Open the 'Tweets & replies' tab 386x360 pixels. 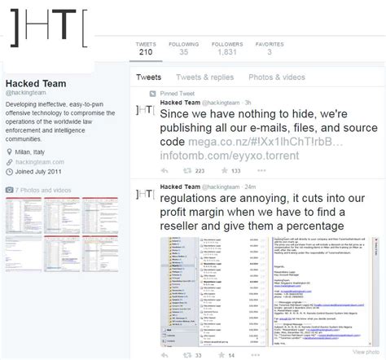pos(199,77)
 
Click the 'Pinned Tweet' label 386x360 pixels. pos(185,94)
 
